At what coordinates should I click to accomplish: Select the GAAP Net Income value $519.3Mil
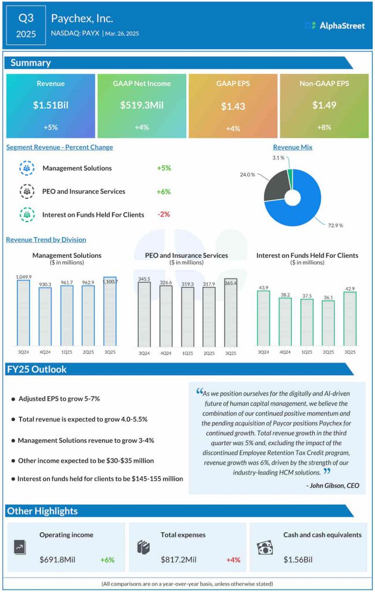click(142, 105)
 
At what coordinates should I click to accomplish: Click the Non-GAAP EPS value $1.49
click(324, 105)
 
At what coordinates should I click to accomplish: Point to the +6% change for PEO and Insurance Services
click(164, 191)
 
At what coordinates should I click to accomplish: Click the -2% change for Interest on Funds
click(164, 214)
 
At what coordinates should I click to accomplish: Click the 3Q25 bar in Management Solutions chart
click(110, 312)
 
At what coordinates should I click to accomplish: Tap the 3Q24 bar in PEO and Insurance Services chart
click(144, 314)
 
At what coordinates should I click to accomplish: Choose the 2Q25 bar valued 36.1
click(328, 323)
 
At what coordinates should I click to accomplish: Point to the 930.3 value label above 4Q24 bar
click(45, 284)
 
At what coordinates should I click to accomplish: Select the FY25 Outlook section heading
click(38, 369)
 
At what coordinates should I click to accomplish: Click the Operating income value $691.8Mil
click(57, 560)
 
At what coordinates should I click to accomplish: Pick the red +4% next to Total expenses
click(233, 560)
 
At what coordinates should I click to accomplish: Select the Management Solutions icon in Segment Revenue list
click(27, 168)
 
